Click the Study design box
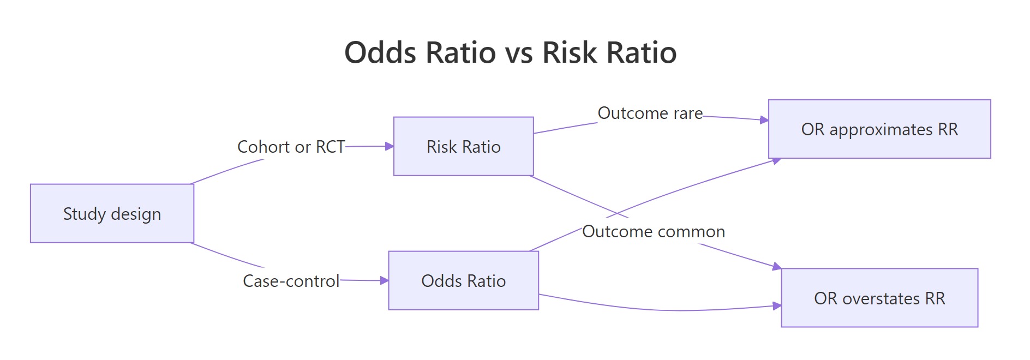pyautogui.click(x=112, y=213)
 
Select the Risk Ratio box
pyautogui.click(x=463, y=146)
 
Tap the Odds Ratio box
pyautogui.click(x=463, y=280)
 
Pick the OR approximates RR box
pyautogui.click(x=879, y=129)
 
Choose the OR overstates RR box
pyautogui.click(x=879, y=298)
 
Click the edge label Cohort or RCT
pyautogui.click(x=291, y=147)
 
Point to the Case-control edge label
pyautogui.click(x=291, y=281)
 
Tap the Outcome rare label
pyautogui.click(x=650, y=113)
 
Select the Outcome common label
pyautogui.click(x=653, y=231)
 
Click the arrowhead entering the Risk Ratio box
pyautogui.click(x=390, y=146)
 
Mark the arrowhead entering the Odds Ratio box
pyautogui.click(x=385, y=280)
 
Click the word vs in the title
pyautogui.click(x=520, y=53)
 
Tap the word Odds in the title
pyautogui.click(x=380, y=53)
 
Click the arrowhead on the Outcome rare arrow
pyautogui.click(x=764, y=119)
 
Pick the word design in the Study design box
pyautogui.click(x=136, y=214)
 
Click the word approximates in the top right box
pyautogui.click(x=881, y=130)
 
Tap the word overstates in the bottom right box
pyautogui.click(x=881, y=298)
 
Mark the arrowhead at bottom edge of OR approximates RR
pyautogui.click(x=776, y=160)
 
